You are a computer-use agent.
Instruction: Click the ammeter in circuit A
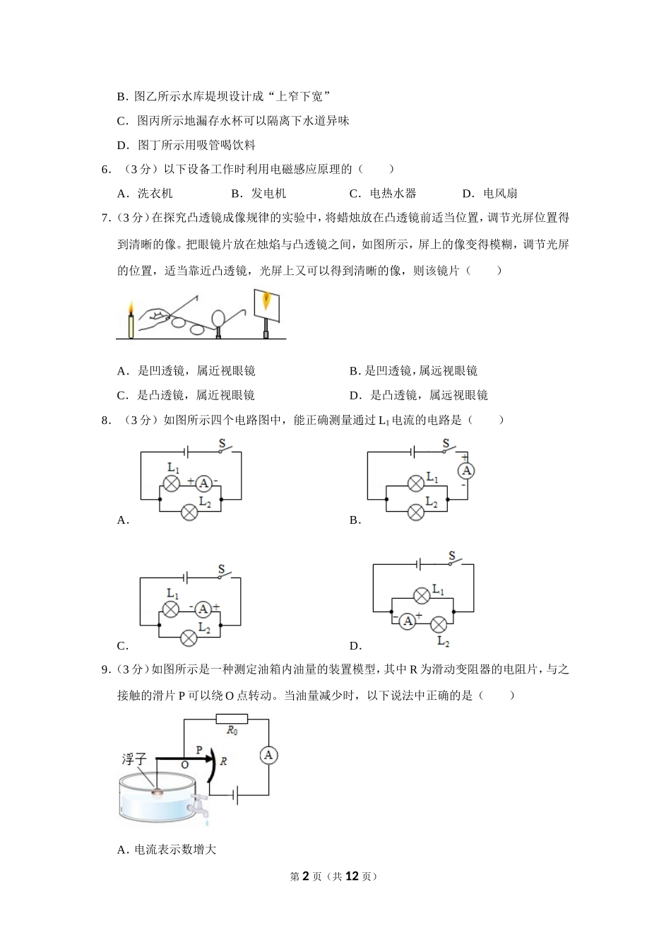(203, 483)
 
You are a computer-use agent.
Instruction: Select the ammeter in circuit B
(465, 471)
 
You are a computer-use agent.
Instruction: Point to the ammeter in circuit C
(203, 609)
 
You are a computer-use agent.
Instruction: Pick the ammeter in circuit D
(407, 621)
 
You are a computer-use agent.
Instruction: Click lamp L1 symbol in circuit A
(171, 483)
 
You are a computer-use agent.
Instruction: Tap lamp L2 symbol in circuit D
(439, 624)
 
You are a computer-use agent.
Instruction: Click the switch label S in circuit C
(221, 569)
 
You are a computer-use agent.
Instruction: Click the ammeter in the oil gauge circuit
(268, 756)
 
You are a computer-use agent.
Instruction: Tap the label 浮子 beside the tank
(133, 759)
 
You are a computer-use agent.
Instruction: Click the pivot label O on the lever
(184, 765)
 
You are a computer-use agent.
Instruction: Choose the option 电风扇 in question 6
(499, 194)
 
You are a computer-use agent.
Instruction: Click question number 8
(106, 421)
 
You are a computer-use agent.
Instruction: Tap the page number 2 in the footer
(306, 876)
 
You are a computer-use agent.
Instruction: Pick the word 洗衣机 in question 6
(155, 194)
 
